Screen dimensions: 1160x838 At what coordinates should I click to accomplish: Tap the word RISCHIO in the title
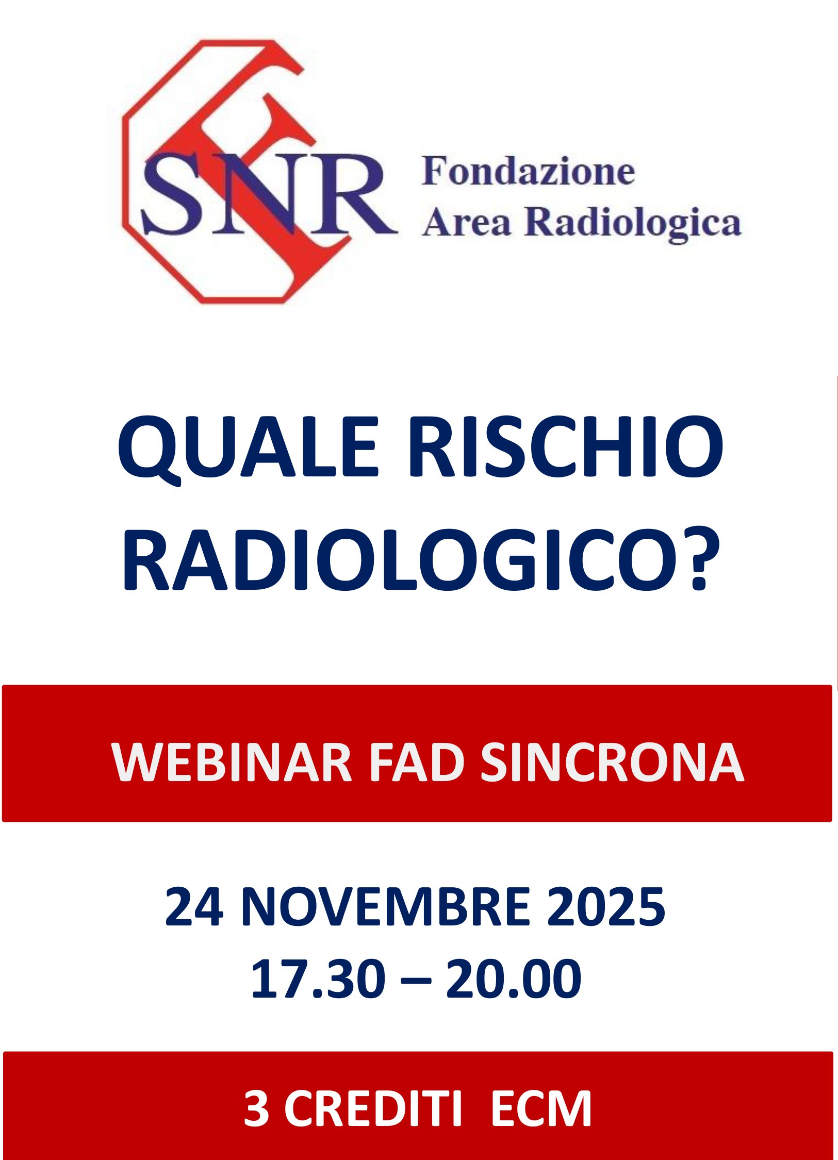[x=566, y=446]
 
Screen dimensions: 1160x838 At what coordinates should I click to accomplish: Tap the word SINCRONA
[x=612, y=763]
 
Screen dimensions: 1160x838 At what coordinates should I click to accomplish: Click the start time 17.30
[x=318, y=979]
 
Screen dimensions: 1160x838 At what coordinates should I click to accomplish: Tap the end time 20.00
[x=514, y=979]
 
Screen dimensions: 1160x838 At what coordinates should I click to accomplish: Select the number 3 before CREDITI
[x=256, y=1108]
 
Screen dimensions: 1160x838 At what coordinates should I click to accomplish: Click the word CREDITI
[x=372, y=1108]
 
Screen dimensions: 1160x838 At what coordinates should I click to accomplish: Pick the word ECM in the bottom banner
[x=540, y=1108]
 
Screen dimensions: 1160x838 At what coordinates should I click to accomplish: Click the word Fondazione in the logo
[x=528, y=171]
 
